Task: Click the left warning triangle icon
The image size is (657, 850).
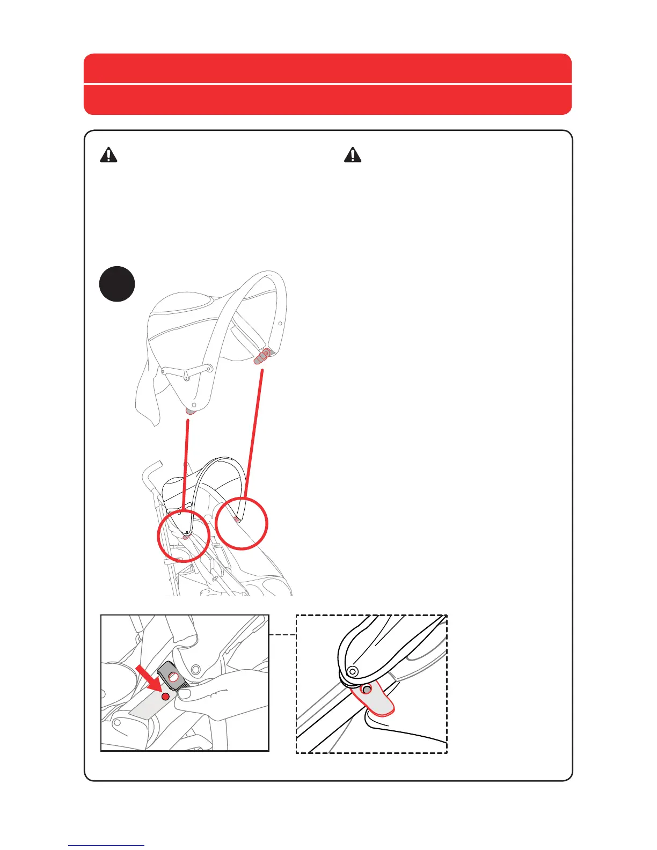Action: pyautogui.click(x=108, y=155)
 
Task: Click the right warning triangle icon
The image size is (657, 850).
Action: pyautogui.click(x=353, y=155)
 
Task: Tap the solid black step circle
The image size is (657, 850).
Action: pyautogui.click(x=117, y=284)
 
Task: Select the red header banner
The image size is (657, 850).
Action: pyautogui.click(x=327, y=84)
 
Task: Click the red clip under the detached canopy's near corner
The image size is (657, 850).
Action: pyautogui.click(x=190, y=411)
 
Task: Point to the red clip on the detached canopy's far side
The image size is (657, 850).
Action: pyautogui.click(x=261, y=356)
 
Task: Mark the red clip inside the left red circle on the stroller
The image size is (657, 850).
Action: pyautogui.click(x=186, y=536)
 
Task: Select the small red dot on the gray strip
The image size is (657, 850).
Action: pyautogui.click(x=166, y=696)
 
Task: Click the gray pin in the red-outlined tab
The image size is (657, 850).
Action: pyautogui.click(x=367, y=689)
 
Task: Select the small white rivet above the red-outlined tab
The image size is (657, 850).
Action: pyautogui.click(x=353, y=671)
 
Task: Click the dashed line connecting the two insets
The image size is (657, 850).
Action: pyautogui.click(x=282, y=635)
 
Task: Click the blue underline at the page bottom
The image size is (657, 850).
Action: pyautogui.click(x=106, y=845)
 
